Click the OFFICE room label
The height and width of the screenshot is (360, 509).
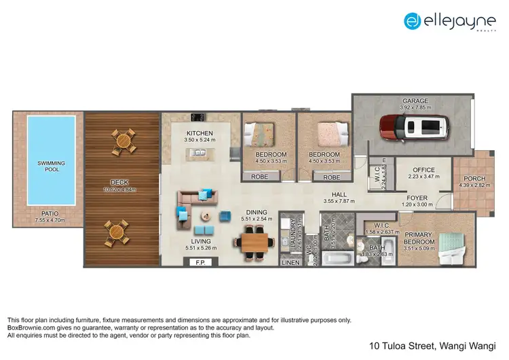pyautogui.click(x=423, y=170)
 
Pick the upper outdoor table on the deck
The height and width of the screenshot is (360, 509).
pyautogui.click(x=124, y=141)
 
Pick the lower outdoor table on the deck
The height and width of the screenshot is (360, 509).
pyautogui.click(x=117, y=232)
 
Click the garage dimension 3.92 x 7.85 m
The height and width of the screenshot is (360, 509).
pyautogui.click(x=415, y=107)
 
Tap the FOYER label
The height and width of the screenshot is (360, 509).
pyautogui.click(x=417, y=198)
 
